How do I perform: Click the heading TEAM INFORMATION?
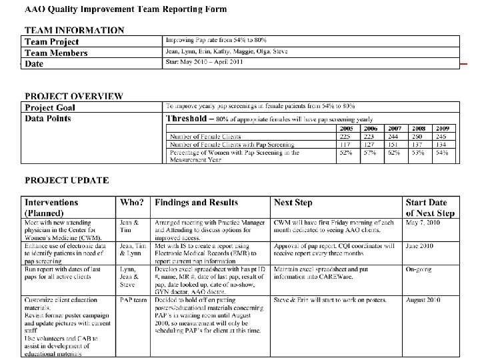coord(74,30)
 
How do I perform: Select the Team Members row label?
coord(56,53)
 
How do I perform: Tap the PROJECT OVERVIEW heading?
coord(73,95)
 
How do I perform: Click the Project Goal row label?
coord(50,107)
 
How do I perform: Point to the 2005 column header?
coord(347,128)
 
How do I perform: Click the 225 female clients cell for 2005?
coord(347,136)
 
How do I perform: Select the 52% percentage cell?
coord(347,153)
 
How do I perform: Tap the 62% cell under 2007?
coord(395,153)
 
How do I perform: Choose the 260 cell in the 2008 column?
coord(418,136)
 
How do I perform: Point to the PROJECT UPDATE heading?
coord(67,180)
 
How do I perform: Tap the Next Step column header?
coord(293,203)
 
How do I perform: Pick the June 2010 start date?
coord(419,246)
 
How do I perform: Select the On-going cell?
coord(419,269)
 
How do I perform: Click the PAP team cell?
coord(133,300)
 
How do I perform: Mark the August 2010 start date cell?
coord(423,300)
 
